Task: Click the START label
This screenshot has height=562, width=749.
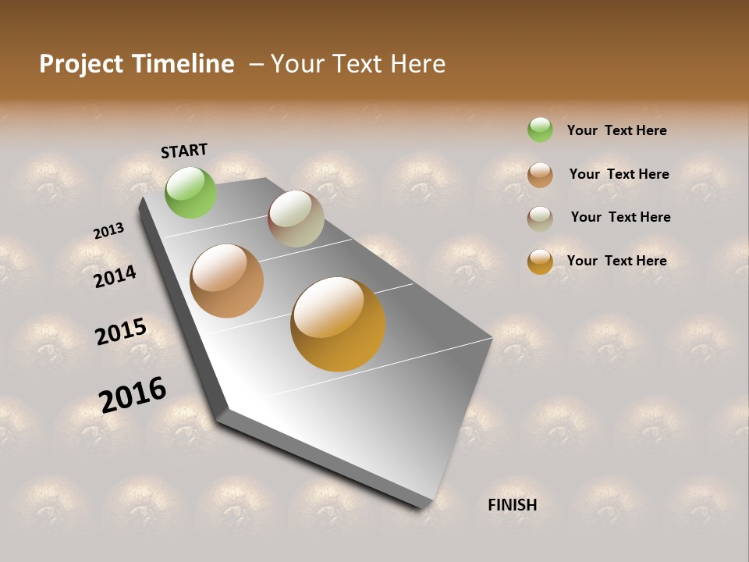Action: tap(184, 151)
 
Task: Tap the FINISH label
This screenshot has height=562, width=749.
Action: tap(512, 505)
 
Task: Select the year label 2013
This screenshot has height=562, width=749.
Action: tap(108, 231)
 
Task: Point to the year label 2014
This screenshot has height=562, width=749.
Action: tap(115, 276)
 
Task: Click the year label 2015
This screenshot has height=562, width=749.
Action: tap(121, 332)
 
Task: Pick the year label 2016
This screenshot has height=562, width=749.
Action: tap(133, 395)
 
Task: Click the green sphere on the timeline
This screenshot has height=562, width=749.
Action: tap(191, 192)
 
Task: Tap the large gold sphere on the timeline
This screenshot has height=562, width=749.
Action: tap(338, 324)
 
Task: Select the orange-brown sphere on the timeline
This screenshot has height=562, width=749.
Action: tap(227, 281)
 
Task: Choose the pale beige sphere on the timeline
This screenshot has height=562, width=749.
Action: tap(296, 219)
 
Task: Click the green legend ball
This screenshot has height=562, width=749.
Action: tap(540, 130)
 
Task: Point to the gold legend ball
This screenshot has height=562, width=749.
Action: tap(540, 261)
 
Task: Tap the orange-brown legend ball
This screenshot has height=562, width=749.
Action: tap(540, 175)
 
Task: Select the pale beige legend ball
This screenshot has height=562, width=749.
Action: tap(540, 219)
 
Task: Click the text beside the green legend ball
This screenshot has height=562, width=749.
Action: tap(616, 130)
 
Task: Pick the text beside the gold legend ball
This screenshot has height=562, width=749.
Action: tap(616, 261)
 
